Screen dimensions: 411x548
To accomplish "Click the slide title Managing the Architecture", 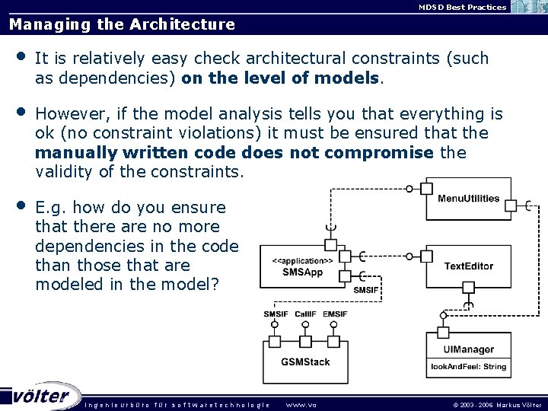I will (x=122, y=24).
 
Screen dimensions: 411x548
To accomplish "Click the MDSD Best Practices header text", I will (x=451, y=7).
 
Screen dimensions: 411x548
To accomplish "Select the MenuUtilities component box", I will (x=468, y=199).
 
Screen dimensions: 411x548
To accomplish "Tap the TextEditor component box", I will (x=468, y=266).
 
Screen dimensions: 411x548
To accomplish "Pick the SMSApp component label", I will (x=302, y=272).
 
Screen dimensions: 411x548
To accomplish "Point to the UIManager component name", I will (x=468, y=350).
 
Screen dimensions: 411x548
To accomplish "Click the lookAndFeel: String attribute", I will (x=468, y=367).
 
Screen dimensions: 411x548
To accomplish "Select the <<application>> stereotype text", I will (x=302, y=260).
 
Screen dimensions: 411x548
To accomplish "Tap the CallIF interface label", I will (x=305, y=314).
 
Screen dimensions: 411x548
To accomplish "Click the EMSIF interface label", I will (x=335, y=314).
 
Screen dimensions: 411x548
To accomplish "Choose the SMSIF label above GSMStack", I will (x=276, y=314).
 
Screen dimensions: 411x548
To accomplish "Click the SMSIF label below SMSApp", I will (x=365, y=289).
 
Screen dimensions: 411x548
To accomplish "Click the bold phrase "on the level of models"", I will (x=280, y=78).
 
